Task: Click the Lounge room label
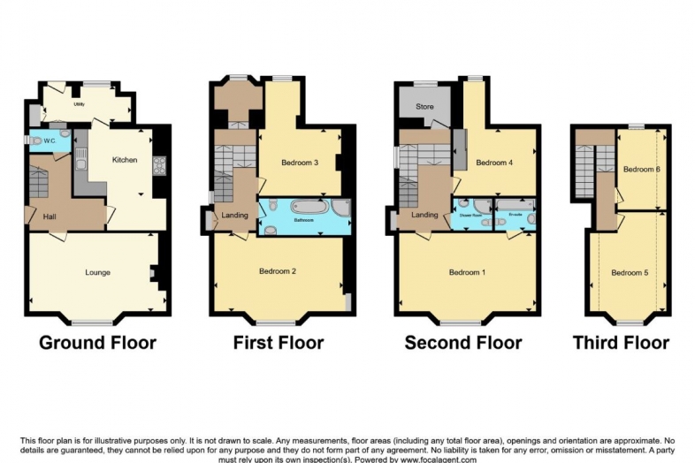(97, 272)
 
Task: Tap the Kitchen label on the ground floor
(124, 160)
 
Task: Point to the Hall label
(50, 216)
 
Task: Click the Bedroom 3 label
(300, 163)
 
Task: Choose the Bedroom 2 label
(277, 271)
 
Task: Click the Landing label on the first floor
(234, 214)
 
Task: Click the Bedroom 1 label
(467, 272)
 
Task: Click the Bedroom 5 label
(630, 273)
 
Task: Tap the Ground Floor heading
(97, 343)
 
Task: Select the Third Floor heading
(620, 343)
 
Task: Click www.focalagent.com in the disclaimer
(439, 459)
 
